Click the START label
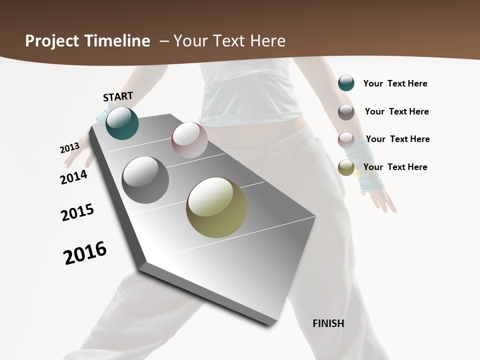pos(118,96)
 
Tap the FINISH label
pos(328,323)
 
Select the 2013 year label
pos(69,148)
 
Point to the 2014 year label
pos(74,177)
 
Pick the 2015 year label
pos(77,212)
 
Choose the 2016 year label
pos(85,253)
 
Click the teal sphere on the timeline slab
pos(122,123)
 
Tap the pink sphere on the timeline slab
pos(189,139)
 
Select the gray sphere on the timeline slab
pos(145,180)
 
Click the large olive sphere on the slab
pos(216,207)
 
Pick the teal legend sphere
pos(346,83)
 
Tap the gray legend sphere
pos(346,112)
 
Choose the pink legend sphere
pos(346,139)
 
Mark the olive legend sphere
pos(346,167)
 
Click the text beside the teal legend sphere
pos(395,83)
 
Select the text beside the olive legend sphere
pos(395,167)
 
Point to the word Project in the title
pos(49,41)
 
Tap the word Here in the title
pos(267,41)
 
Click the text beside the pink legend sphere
pos(397,139)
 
